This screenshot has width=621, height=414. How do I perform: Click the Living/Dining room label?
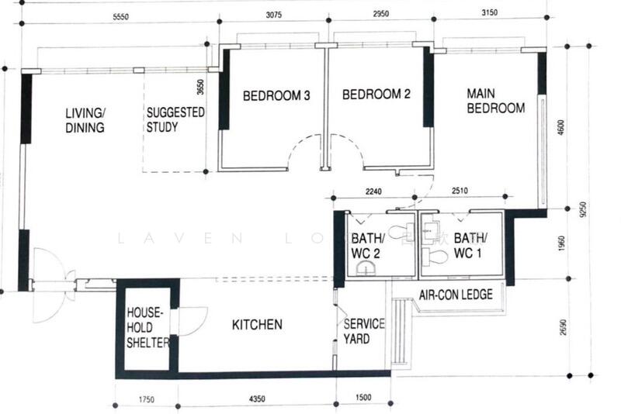(x=85, y=121)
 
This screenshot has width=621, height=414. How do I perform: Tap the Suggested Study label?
(x=175, y=120)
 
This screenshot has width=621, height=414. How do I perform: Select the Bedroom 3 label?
(x=277, y=96)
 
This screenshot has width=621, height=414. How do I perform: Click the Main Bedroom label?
(x=495, y=101)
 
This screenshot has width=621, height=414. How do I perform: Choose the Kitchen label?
(x=257, y=324)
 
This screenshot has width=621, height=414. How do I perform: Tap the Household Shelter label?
(x=147, y=326)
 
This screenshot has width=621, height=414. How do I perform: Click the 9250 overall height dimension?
(x=588, y=208)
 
